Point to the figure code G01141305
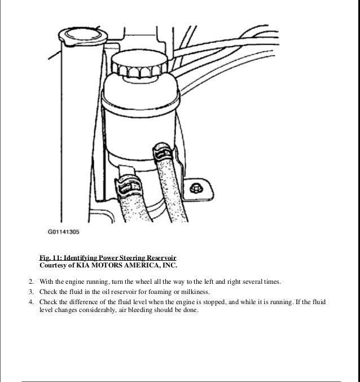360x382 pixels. point(63,231)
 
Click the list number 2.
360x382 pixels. point(30,282)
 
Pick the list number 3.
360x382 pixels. point(30,292)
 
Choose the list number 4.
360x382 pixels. point(30,302)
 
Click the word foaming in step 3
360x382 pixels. point(159,292)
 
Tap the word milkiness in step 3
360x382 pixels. point(194,292)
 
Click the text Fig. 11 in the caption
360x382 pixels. point(50,258)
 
